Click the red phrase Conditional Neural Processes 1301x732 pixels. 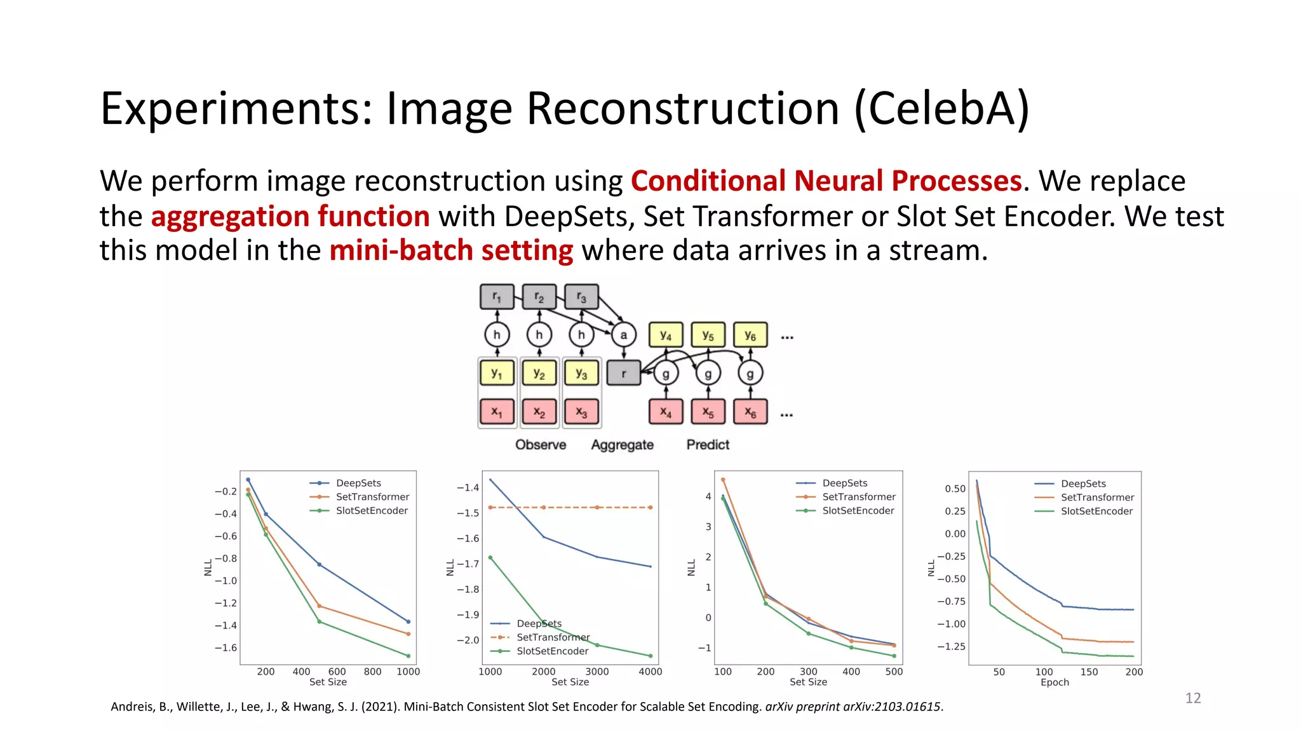826,181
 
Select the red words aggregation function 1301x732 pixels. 290,217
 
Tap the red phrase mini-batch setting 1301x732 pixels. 451,251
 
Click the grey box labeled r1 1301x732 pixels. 497,297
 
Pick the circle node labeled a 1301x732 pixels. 623,335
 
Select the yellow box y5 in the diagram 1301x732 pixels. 708,335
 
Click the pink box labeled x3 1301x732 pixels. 581,412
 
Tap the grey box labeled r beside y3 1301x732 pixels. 623,373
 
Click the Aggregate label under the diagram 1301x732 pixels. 622,445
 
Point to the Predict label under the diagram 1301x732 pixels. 708,445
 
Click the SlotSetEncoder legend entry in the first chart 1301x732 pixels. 372,511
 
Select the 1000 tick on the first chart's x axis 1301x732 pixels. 408,672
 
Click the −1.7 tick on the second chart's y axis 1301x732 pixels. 468,564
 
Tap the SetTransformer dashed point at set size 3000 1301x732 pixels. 597,508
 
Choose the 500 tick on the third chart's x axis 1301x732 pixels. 894,672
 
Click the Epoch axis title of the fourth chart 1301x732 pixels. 1055,682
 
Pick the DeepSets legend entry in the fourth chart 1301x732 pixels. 1083,484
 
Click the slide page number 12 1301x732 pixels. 1193,698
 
